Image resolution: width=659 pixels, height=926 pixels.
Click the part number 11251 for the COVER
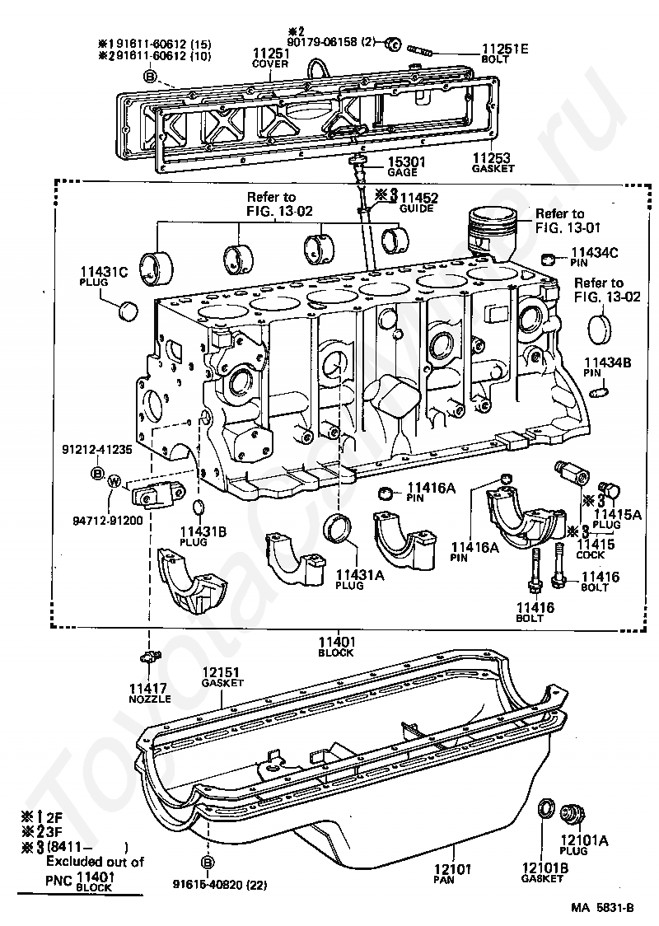pyautogui.click(x=271, y=54)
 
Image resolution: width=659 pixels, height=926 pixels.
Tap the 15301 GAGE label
pyautogui.click(x=406, y=166)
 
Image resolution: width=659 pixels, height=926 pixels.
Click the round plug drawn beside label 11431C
pyautogui.click(x=128, y=310)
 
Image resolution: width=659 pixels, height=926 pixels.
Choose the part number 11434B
pyautogui.click(x=608, y=362)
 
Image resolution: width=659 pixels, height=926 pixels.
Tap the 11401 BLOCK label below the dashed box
pyautogui.click(x=336, y=647)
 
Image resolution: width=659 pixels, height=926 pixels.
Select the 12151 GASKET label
pyautogui.click(x=222, y=676)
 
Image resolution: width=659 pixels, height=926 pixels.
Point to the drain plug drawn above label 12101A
pyautogui.click(x=571, y=813)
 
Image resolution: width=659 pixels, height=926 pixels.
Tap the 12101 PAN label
pyautogui.click(x=454, y=873)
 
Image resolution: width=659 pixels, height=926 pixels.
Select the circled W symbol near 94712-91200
pyautogui.click(x=115, y=482)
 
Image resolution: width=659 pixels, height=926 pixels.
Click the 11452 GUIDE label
pyautogui.click(x=418, y=202)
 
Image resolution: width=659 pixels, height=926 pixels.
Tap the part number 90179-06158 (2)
pyautogui.click(x=331, y=43)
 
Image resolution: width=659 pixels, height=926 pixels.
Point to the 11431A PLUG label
pyautogui.click(x=360, y=578)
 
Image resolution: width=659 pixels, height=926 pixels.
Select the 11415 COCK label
pyautogui.click(x=596, y=549)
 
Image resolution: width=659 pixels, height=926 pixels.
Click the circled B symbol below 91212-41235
pyautogui.click(x=97, y=472)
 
